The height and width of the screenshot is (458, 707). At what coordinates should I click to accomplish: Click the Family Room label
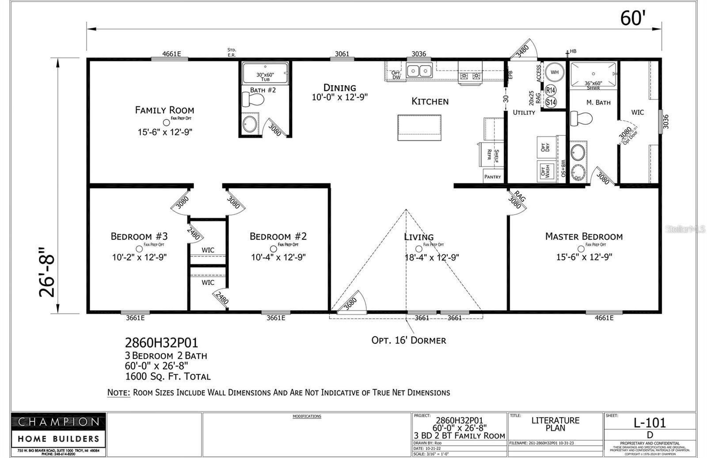164,110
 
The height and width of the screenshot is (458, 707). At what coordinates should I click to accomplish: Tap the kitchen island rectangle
419,127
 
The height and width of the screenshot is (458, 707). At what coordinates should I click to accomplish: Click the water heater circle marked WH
554,72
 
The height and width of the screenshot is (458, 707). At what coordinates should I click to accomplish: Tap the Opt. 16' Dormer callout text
408,340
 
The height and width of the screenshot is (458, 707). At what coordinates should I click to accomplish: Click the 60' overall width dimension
633,19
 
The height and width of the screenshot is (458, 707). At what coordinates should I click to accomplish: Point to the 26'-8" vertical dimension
48,272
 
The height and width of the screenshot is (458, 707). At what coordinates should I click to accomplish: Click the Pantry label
492,177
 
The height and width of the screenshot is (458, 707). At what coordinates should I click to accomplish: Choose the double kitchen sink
419,71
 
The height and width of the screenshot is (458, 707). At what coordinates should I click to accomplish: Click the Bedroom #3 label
139,236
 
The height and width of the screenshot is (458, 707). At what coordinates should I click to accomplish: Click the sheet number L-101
650,423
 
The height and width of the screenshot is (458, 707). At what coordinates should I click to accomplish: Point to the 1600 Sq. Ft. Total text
168,377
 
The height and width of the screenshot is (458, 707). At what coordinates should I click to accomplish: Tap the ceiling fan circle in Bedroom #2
274,249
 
